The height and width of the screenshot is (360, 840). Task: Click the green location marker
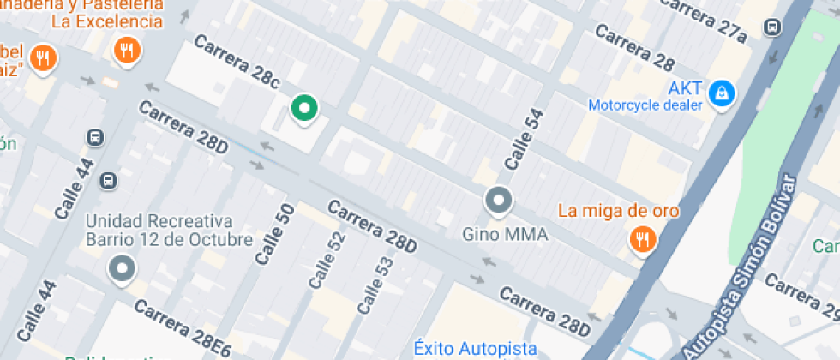(x=303, y=109)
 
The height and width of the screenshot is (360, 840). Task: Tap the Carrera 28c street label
(x=237, y=63)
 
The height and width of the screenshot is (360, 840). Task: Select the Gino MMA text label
(x=505, y=233)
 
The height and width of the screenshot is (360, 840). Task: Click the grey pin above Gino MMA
(x=498, y=201)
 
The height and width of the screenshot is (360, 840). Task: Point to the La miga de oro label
(x=618, y=211)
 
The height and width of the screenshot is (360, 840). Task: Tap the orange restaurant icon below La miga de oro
(x=641, y=240)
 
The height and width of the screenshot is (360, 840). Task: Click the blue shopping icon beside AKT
(x=723, y=90)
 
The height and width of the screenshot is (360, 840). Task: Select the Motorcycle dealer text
(x=645, y=105)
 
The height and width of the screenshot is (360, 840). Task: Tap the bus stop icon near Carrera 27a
(x=772, y=27)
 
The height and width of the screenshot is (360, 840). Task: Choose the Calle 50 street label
(x=274, y=234)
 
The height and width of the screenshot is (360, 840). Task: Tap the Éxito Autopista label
(x=475, y=348)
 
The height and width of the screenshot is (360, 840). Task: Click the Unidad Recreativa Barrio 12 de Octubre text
(x=169, y=230)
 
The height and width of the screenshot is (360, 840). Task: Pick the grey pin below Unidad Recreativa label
(x=122, y=269)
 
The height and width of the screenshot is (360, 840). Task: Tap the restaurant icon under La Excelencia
(x=127, y=51)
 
